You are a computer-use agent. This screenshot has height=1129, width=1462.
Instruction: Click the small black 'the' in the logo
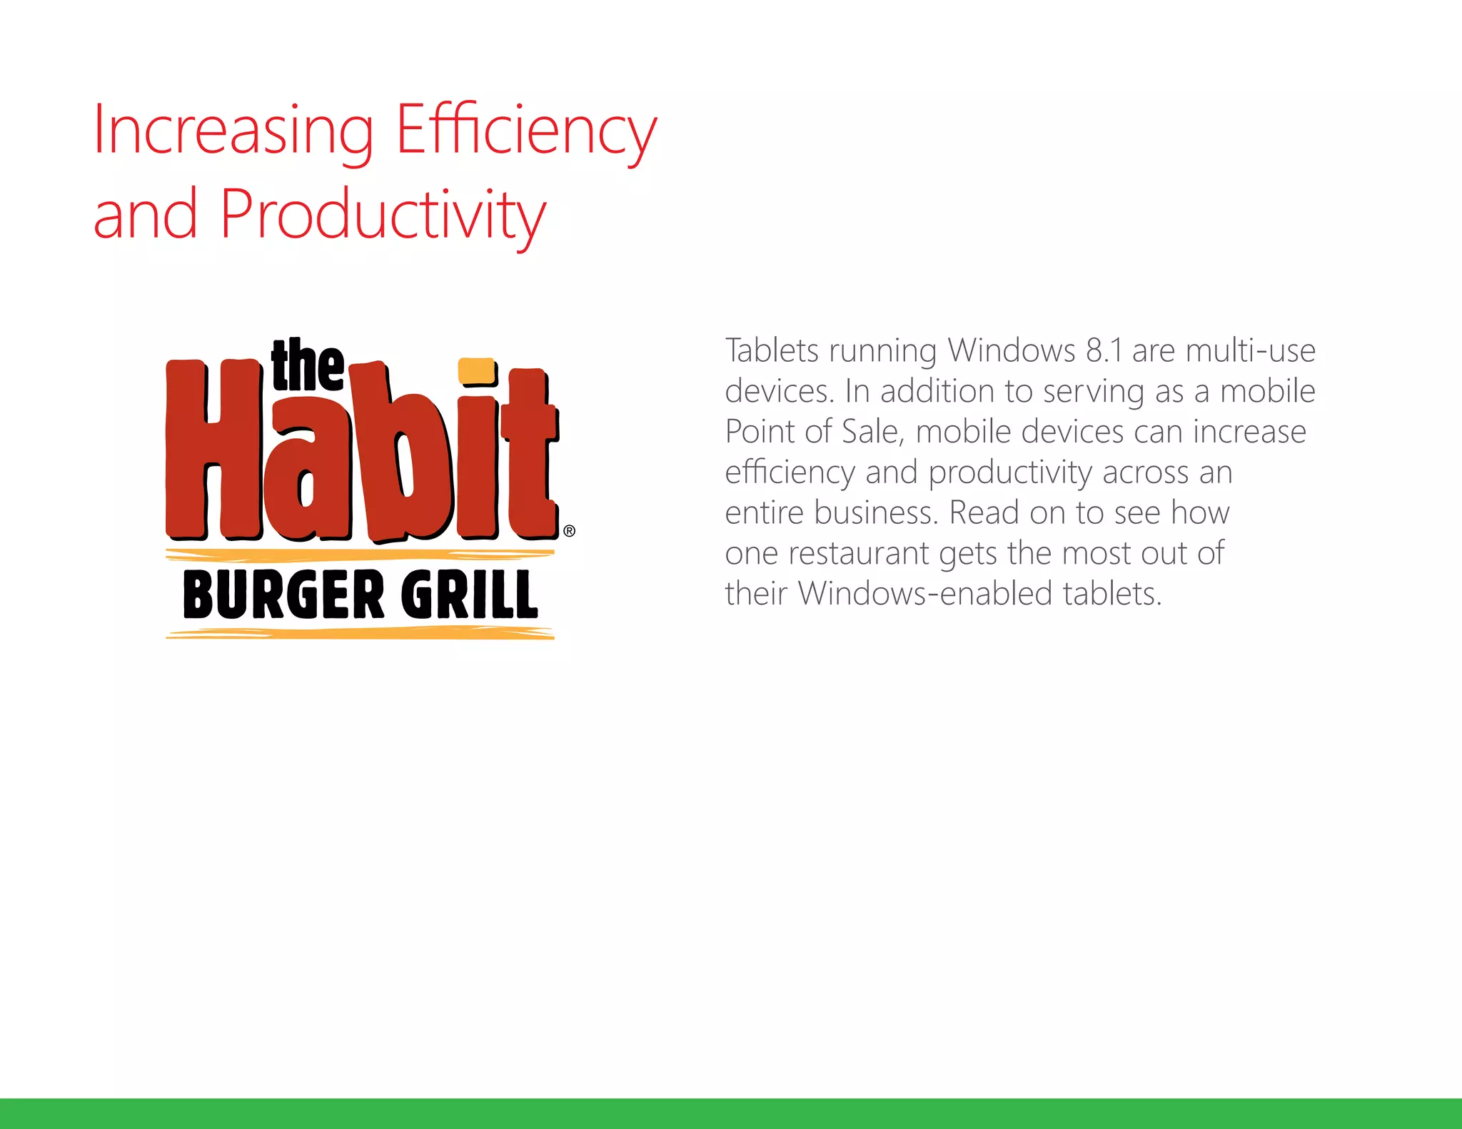point(307,365)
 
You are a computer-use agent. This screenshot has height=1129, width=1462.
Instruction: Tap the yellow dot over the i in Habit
point(477,371)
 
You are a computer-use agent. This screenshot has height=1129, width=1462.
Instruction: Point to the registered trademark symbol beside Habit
point(569,531)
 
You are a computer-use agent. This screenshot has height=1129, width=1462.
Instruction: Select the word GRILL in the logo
point(469,594)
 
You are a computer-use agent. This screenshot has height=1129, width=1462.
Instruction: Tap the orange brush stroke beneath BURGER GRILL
point(360,633)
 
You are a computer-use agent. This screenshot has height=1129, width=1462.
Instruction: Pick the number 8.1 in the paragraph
point(1104,350)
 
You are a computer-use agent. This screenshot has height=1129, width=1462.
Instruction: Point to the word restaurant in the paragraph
point(859,554)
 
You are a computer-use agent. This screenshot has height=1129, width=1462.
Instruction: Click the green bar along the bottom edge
point(731,1113)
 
